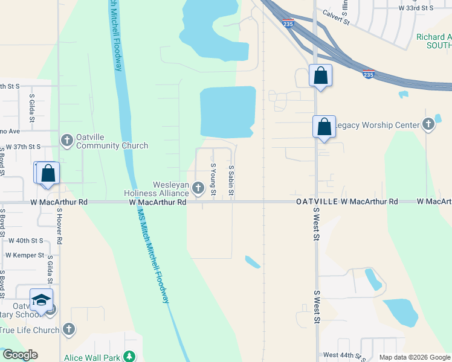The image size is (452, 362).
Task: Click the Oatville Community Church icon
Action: (x=66, y=140)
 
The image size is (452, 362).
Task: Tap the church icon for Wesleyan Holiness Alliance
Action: (x=198, y=189)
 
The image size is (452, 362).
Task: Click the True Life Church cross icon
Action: (x=69, y=329)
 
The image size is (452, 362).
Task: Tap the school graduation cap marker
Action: (x=41, y=300)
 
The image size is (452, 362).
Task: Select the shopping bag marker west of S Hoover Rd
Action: (x=48, y=173)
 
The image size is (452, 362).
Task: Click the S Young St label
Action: (x=213, y=179)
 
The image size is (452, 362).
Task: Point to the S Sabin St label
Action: (x=231, y=180)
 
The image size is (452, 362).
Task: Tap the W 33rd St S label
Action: (x=416, y=8)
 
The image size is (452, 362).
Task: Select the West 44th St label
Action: (x=344, y=355)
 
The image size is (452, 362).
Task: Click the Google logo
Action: (x=20, y=355)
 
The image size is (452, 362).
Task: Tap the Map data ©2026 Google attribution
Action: (x=415, y=357)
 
